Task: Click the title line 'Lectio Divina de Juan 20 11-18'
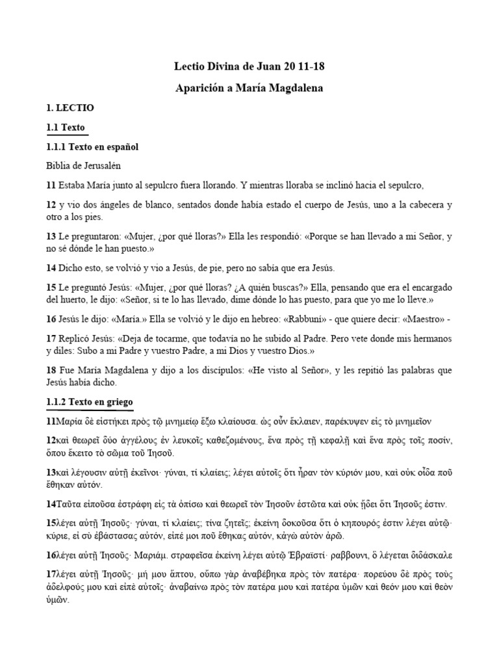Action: pos(249,66)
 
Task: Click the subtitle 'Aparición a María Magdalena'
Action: pos(249,87)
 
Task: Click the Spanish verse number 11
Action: pos(51,185)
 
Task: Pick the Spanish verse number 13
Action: pos(51,237)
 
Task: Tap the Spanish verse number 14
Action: pos(51,268)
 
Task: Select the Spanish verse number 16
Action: pos(51,320)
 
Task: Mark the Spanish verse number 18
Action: pos(51,371)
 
